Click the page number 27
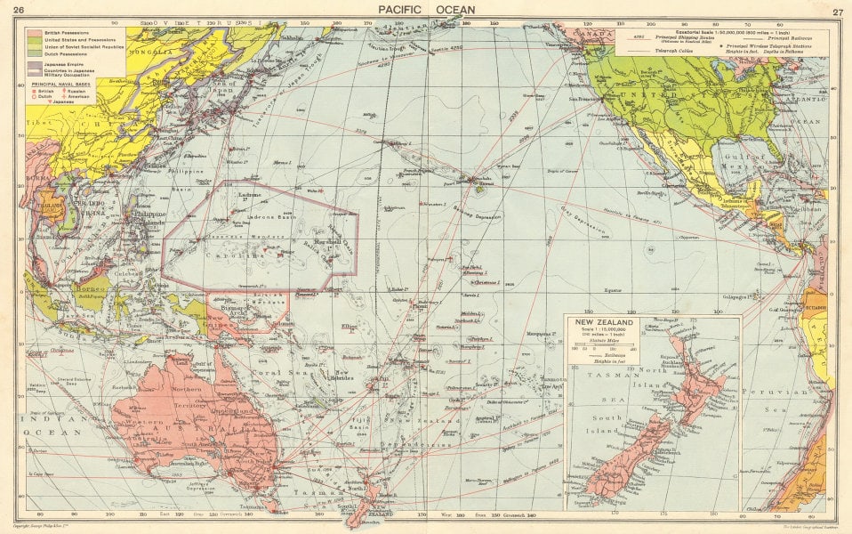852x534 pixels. (836, 12)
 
